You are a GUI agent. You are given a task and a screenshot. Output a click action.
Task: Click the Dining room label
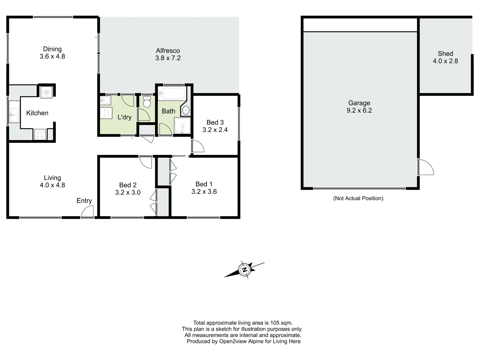click(x=52, y=49)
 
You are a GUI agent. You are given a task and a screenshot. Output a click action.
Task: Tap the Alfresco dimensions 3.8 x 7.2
click(x=168, y=58)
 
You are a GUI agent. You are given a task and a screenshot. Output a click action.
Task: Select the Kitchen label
click(x=37, y=113)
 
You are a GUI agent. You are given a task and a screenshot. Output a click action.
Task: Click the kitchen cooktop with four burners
click(x=40, y=134)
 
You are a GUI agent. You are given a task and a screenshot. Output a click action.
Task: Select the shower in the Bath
click(x=182, y=126)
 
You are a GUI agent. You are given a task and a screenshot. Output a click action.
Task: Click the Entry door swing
click(x=88, y=212)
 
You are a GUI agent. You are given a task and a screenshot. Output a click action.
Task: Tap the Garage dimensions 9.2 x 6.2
click(x=359, y=111)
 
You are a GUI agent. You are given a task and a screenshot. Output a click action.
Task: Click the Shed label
click(x=445, y=54)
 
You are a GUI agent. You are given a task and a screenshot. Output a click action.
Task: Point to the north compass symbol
click(x=245, y=269)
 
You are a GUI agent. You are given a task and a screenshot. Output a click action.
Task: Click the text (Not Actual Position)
click(x=358, y=198)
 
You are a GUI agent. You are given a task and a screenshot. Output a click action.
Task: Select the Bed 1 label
click(x=204, y=184)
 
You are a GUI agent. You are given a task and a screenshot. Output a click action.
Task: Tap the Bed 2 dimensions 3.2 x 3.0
click(x=128, y=192)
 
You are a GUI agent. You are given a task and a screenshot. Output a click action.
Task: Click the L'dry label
click(x=125, y=117)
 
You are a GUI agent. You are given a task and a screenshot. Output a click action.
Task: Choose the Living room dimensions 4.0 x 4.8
click(x=52, y=185)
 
